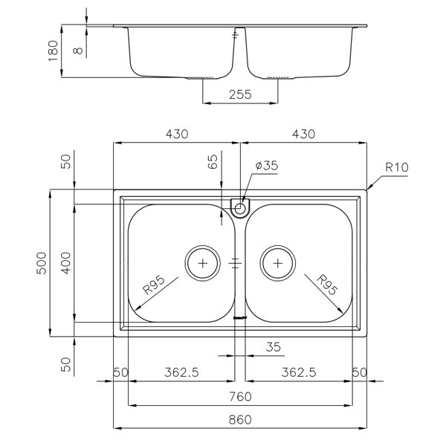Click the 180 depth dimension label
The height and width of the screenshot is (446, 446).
click(54, 51)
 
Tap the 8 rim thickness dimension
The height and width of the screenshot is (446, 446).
click(78, 51)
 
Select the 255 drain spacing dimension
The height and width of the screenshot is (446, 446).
click(240, 94)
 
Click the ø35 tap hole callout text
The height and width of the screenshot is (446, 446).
click(267, 165)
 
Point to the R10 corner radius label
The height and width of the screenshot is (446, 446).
click(397, 167)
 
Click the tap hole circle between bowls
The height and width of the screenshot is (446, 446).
click(240, 208)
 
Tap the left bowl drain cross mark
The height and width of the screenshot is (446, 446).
click(202, 263)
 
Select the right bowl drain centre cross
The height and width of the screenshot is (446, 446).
click(277, 263)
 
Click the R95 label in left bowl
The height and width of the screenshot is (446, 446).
click(154, 285)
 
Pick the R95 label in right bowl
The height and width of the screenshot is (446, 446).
click(327, 285)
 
